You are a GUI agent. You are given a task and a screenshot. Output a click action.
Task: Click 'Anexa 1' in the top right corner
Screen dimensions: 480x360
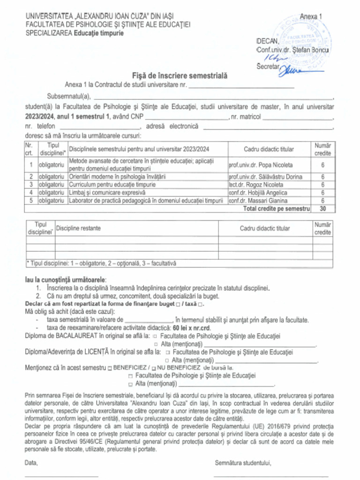311,16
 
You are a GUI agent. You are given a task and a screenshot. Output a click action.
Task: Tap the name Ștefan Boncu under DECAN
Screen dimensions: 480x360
310,50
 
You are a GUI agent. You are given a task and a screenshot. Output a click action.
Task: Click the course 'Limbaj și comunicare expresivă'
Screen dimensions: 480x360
107,192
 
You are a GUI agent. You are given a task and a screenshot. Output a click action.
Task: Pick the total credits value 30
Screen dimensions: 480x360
322,209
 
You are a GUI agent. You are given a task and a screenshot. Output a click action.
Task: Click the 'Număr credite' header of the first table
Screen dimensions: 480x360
322,149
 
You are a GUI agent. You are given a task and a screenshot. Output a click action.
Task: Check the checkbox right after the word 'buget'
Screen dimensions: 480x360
178,304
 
